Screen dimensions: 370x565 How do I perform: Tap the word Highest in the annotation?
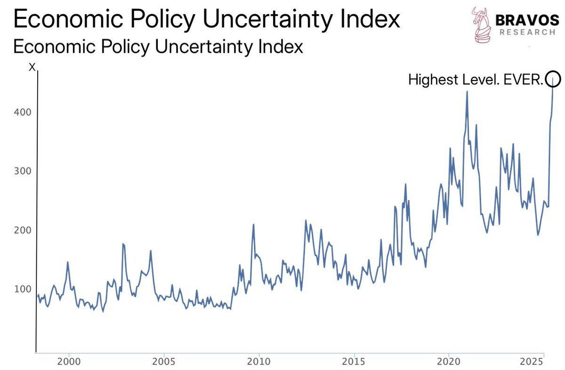coord(428,80)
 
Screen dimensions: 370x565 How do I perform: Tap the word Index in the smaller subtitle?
coord(277,47)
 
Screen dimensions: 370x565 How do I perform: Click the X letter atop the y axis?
coord(32,67)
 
